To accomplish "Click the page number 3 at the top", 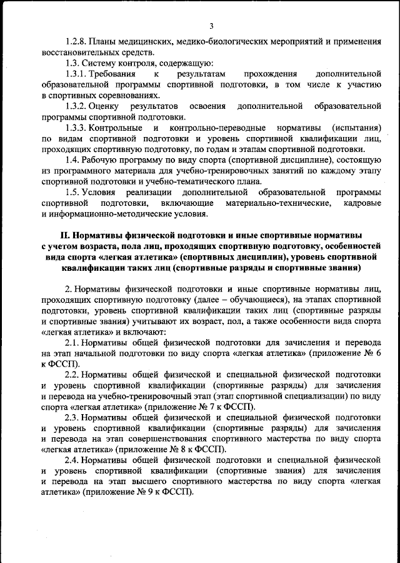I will tap(211, 26).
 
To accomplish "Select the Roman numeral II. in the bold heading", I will tap(66, 235).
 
